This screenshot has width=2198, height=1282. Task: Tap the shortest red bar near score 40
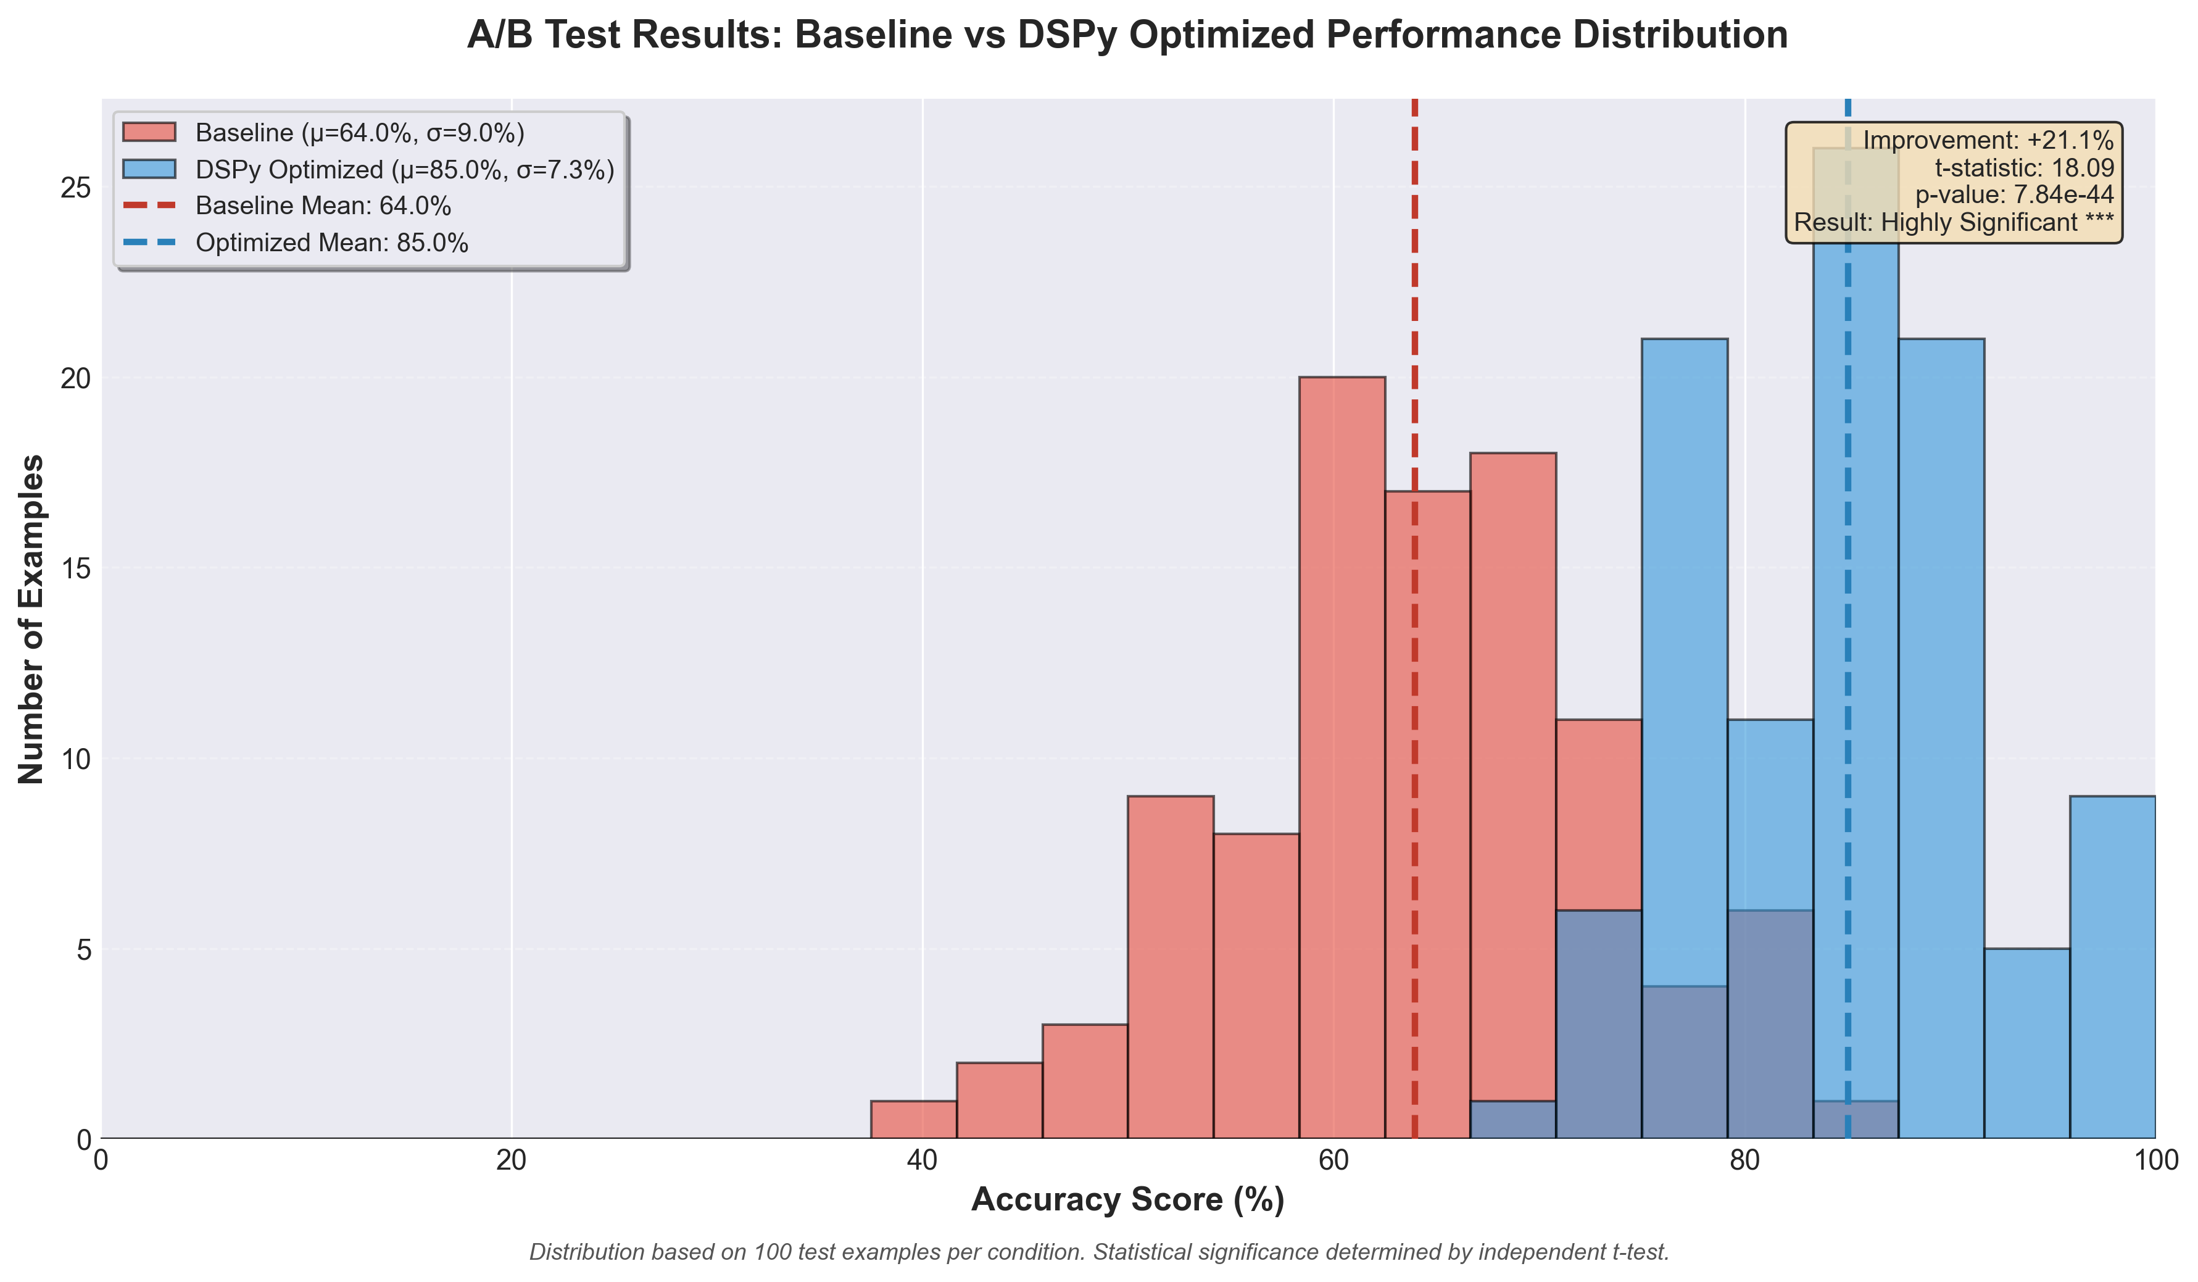point(913,1120)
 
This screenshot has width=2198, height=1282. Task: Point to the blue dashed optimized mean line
point(1848,611)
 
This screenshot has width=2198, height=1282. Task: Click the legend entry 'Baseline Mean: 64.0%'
point(323,206)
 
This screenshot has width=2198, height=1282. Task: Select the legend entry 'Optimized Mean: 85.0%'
point(331,243)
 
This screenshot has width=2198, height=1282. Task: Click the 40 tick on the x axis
point(923,1160)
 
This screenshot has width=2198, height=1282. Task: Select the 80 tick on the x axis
point(1744,1160)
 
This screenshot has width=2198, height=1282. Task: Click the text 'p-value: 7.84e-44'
point(2014,194)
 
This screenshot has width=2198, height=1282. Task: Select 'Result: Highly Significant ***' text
point(1953,223)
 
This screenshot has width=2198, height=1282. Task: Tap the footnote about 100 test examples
point(1099,1252)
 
